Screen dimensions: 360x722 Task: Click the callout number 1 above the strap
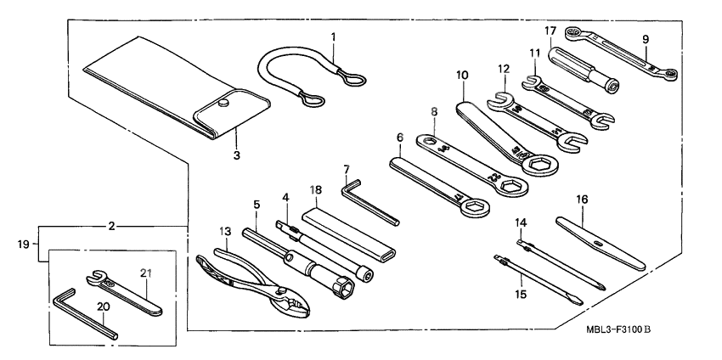[334, 37]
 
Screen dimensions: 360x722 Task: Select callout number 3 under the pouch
[237, 155]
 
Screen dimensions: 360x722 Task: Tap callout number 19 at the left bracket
[23, 245]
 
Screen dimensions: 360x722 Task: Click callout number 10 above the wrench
[461, 76]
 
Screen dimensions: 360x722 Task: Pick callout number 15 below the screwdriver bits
[520, 295]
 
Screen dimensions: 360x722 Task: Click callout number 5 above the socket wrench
[256, 205]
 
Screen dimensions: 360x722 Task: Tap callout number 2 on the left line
[111, 227]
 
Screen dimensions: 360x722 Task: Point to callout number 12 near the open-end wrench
[504, 68]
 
